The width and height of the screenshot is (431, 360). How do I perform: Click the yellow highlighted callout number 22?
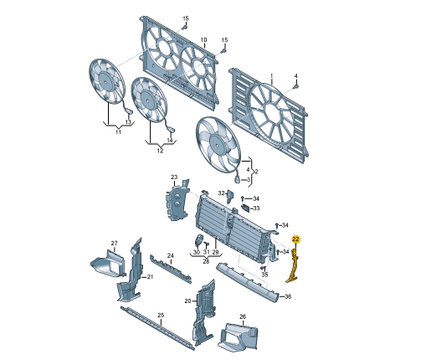[x=295, y=239]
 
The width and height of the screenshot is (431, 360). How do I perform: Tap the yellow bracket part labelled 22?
[x=293, y=266]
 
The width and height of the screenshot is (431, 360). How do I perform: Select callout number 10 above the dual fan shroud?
[x=203, y=40]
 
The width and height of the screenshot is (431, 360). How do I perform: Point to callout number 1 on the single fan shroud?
[x=272, y=76]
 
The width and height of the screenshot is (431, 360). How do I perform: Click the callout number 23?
[x=174, y=177]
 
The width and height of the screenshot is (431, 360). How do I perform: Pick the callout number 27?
[x=115, y=244]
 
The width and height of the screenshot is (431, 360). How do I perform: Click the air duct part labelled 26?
[x=239, y=337]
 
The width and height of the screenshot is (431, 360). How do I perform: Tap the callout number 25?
[x=161, y=316]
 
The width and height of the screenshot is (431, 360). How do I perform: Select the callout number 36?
[x=288, y=296]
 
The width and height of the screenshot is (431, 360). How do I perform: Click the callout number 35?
[x=264, y=275]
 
